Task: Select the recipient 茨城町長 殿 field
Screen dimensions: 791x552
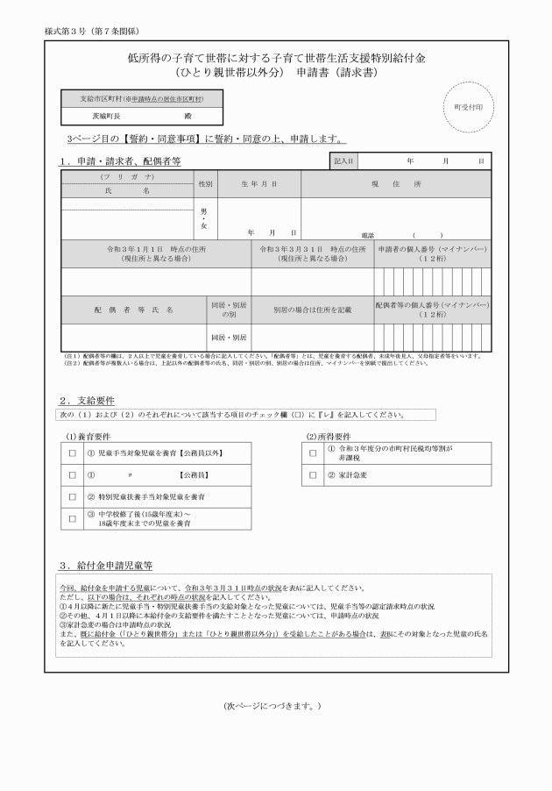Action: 140,115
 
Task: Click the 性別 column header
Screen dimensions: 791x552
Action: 204,184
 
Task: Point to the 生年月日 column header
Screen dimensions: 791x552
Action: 258,184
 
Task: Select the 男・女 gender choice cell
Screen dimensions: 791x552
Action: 204,218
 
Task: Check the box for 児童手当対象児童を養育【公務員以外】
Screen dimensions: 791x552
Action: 73,454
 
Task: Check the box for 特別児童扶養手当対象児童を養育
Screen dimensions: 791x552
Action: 73,496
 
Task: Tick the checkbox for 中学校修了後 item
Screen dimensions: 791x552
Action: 73,518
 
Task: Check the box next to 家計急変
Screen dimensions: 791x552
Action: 313,475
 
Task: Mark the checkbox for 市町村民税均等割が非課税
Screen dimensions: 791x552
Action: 313,453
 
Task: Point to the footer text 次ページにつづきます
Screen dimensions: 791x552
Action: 274,704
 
